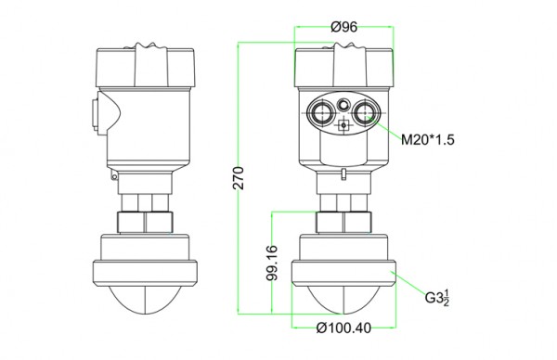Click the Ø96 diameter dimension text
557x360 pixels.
[343, 27]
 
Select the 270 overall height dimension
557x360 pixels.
[240, 178]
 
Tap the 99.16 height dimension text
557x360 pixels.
[272, 264]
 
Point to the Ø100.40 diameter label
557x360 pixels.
[343, 328]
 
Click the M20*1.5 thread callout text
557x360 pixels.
[428, 139]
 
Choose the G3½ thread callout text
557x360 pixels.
[437, 298]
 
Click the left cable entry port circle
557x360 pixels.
[321, 112]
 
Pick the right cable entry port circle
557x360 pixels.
[365, 112]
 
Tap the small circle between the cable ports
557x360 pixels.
[343, 104]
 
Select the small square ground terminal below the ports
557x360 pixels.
[343, 125]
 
